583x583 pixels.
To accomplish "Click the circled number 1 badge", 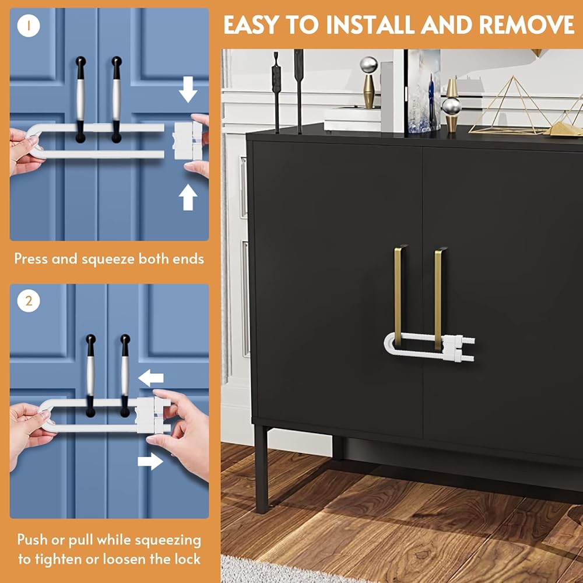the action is (x=29, y=26).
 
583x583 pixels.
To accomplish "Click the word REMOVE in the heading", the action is (x=526, y=25).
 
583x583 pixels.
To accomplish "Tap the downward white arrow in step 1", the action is (x=188, y=89).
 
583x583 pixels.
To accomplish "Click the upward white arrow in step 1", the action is (x=188, y=196).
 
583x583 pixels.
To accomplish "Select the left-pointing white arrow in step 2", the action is (x=150, y=378).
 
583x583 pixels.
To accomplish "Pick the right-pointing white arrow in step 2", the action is (x=150, y=461).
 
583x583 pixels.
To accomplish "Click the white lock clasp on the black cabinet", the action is (x=459, y=349).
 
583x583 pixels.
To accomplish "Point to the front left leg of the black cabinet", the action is (x=261, y=469).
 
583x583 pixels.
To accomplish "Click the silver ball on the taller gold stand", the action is (x=368, y=65).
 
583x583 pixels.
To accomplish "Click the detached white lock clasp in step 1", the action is (x=188, y=141).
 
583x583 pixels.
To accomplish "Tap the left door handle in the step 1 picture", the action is (x=80, y=99).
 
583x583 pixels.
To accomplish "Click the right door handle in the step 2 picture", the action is (x=125, y=375).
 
